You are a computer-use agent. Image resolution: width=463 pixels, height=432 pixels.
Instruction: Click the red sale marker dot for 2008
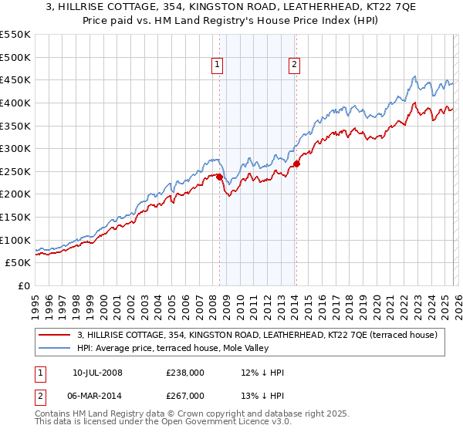(219, 177)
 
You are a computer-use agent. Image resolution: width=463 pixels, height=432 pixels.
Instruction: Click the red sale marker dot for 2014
(296, 164)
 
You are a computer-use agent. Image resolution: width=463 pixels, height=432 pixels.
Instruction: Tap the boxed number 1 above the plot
(218, 66)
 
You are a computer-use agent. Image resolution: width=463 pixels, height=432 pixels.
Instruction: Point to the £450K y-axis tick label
(15, 79)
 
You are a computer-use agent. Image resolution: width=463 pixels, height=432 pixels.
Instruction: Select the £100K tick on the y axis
(15, 240)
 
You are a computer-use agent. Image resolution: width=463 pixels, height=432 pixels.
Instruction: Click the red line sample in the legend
(55, 335)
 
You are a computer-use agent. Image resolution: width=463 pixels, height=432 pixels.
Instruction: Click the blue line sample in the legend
(55, 348)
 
